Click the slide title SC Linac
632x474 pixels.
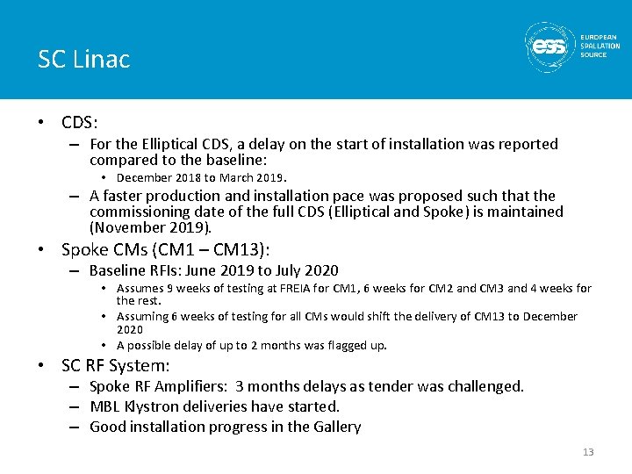[x=83, y=59]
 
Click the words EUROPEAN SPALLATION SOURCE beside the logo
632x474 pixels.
[x=600, y=47]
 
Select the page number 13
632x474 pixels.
[x=588, y=452]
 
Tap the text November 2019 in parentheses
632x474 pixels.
[x=150, y=227]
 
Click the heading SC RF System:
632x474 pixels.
[x=115, y=365]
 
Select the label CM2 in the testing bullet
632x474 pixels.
[x=458, y=288]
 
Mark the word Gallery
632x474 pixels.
[x=336, y=427]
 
